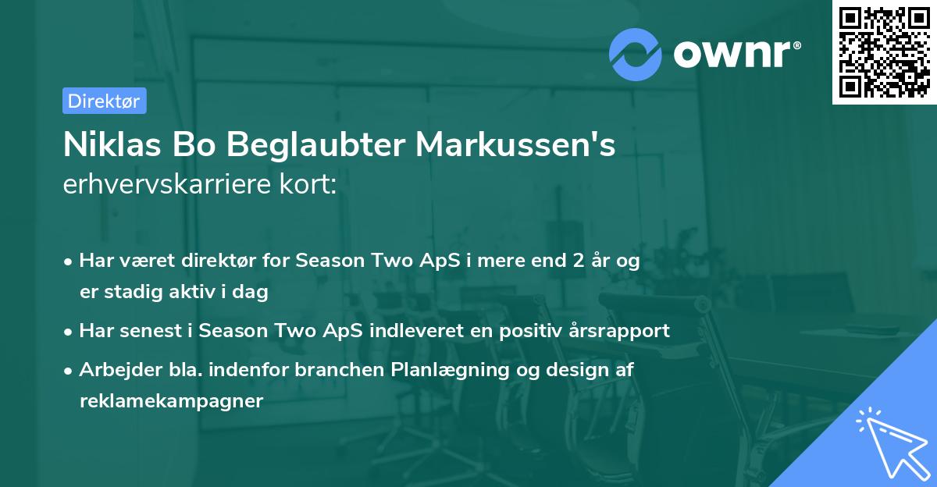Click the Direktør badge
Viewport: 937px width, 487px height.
[x=104, y=101]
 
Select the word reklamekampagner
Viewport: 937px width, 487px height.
[x=171, y=400]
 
